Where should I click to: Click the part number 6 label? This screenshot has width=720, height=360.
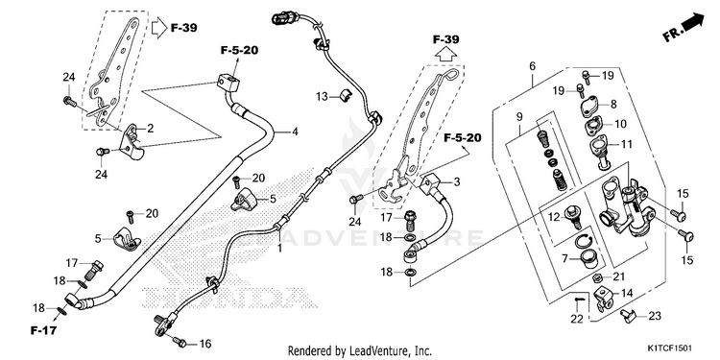click(x=532, y=66)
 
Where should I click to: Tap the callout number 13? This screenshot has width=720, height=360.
click(x=322, y=96)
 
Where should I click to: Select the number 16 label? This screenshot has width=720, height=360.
click(x=204, y=343)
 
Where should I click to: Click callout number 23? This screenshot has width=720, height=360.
click(x=655, y=316)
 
